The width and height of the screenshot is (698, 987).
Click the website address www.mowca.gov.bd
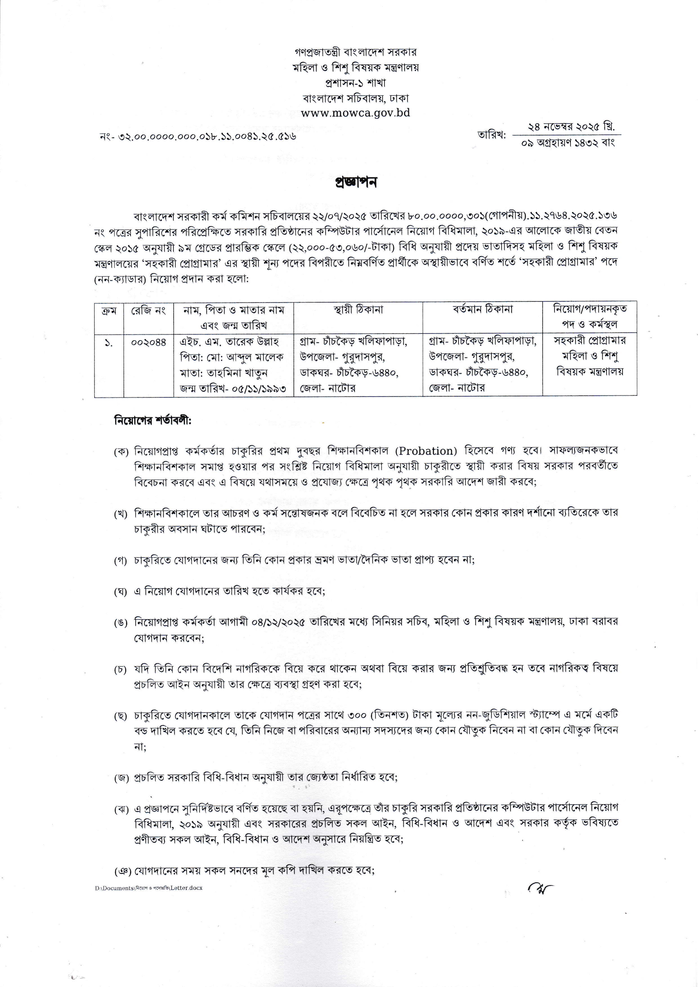(355, 113)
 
